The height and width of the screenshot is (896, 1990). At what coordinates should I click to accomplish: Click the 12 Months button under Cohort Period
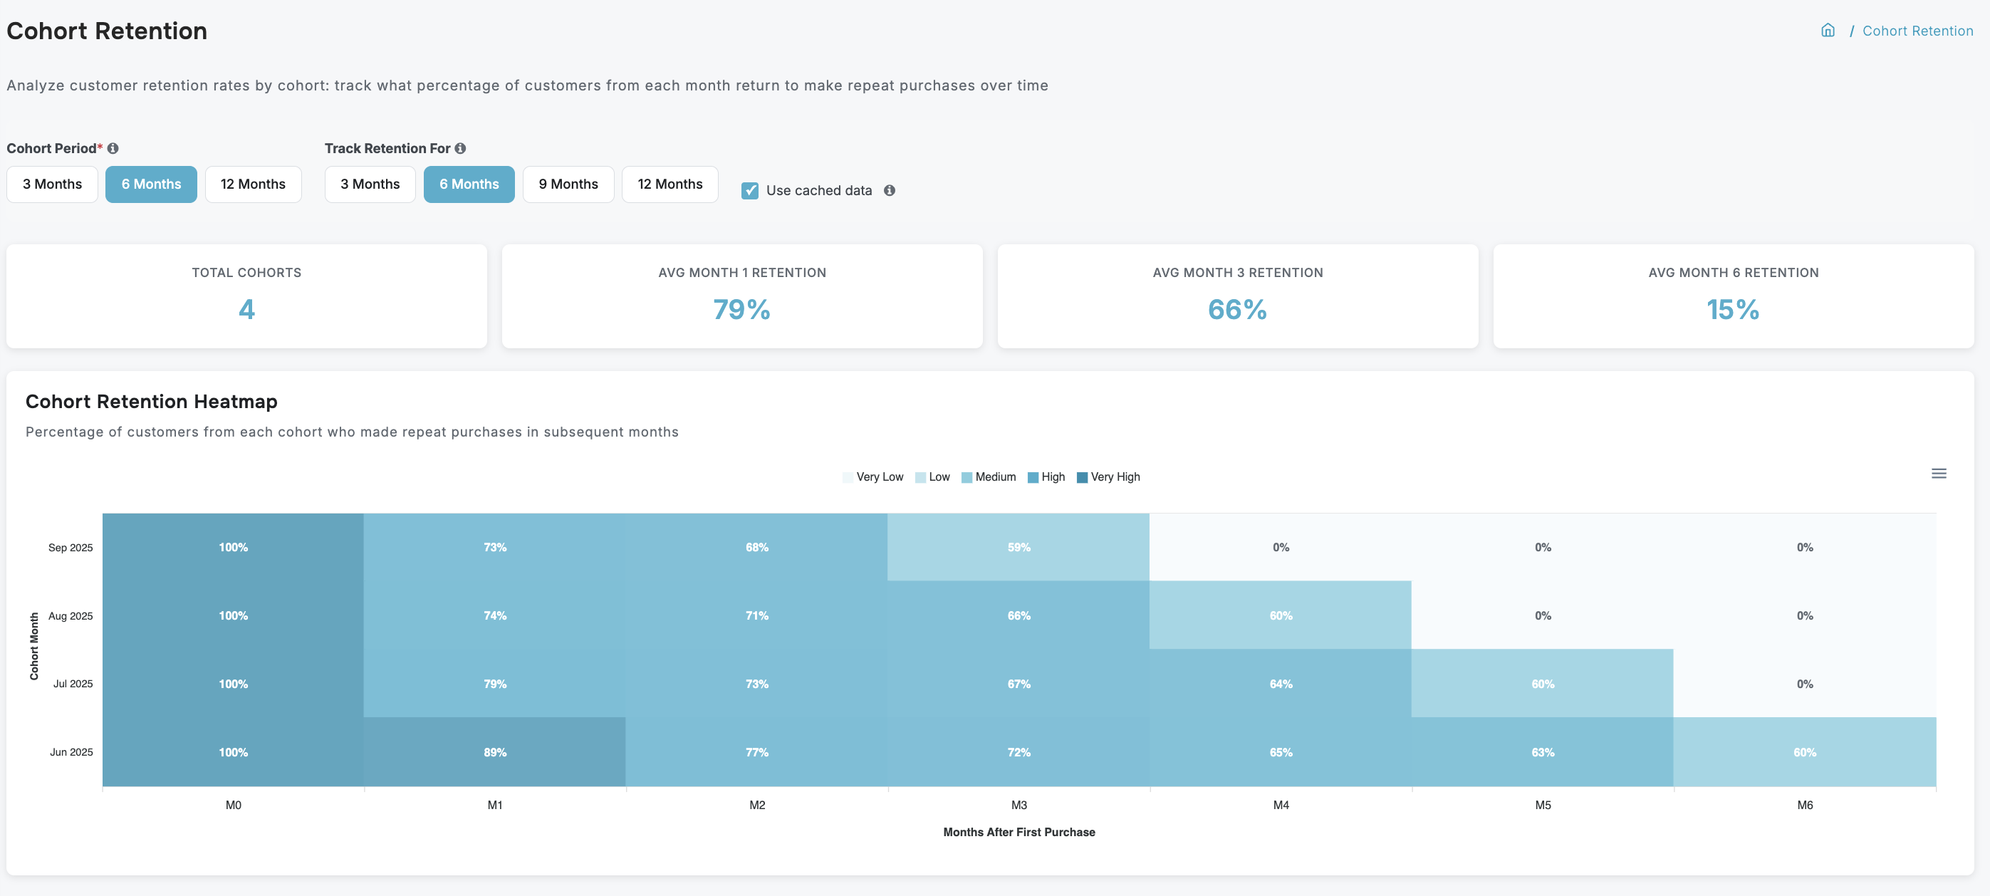pos(253,184)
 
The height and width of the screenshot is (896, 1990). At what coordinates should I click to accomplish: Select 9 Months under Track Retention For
pos(568,184)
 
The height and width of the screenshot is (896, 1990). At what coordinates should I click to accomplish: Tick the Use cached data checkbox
pos(749,191)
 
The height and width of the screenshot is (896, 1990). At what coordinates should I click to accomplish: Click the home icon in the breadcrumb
pos(1827,31)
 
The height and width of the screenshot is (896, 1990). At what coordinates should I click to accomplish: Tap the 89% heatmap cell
pos(494,751)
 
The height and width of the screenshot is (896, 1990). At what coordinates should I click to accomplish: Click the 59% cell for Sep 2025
pos(1019,547)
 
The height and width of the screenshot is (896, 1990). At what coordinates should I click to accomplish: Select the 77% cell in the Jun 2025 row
pos(756,751)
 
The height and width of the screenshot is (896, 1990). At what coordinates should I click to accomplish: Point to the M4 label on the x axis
pos(1280,805)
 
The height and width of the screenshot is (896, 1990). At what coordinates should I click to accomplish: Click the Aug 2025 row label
pos(71,615)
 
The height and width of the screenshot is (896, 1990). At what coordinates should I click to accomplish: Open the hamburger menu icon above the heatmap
pos(1938,474)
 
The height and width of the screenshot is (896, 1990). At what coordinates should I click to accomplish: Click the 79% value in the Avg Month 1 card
pos(741,310)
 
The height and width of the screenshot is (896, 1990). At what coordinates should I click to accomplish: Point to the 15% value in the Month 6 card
pos(1733,310)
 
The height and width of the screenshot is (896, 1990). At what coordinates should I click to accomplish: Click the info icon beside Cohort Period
pos(113,148)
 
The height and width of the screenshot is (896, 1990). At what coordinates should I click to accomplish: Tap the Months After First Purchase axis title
pos(1019,832)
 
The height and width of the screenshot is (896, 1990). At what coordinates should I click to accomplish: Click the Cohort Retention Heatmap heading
pos(152,402)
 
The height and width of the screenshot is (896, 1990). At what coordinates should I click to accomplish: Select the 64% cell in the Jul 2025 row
pos(1280,684)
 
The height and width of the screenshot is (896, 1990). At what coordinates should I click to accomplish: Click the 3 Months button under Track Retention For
pos(370,184)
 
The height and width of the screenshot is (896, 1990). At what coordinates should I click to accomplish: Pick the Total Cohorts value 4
pos(246,310)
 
